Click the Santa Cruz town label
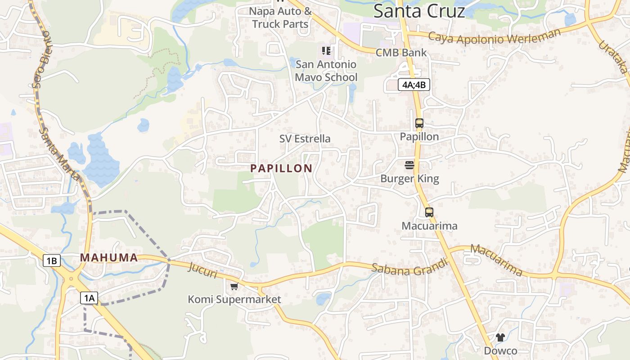tap(419, 11)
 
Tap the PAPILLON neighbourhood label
tap(281, 168)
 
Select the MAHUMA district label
tap(109, 258)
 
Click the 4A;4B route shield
tap(414, 85)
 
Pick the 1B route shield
tap(52, 261)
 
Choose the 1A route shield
tap(89, 297)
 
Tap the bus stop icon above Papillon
tap(419, 123)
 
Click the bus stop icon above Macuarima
tap(429, 212)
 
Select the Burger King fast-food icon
tap(409, 165)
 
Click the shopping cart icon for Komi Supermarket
tap(234, 286)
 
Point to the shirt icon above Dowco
tap(500, 337)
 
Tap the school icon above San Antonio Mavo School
tap(326, 51)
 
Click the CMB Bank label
tap(401, 53)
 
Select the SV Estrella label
tap(305, 139)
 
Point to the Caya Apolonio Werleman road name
tap(495, 37)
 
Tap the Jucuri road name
tap(203, 270)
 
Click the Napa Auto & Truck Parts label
tap(280, 18)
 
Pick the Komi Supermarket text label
tap(234, 299)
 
